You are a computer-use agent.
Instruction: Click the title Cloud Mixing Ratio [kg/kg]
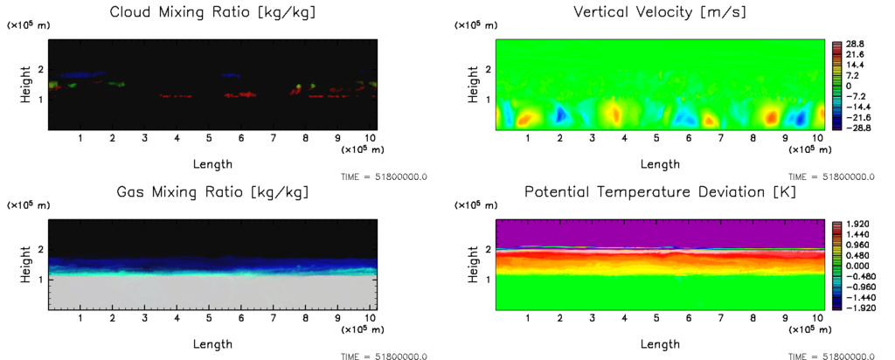click(213, 12)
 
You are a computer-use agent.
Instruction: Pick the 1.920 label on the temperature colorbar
click(855, 224)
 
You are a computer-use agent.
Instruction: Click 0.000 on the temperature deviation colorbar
click(855, 266)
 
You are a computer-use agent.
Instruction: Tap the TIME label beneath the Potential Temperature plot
click(831, 357)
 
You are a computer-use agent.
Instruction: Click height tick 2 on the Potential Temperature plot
click(487, 250)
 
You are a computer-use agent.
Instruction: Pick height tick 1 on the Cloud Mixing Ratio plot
click(40, 99)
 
